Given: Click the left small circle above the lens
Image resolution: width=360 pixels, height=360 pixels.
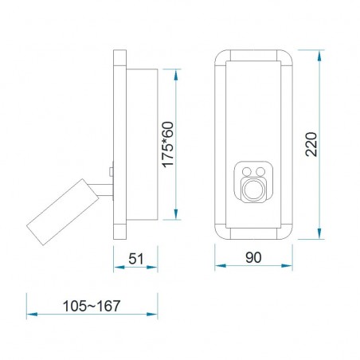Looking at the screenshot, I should tap(247, 171).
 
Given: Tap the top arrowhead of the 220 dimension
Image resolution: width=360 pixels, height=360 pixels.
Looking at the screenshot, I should tap(320, 53).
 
